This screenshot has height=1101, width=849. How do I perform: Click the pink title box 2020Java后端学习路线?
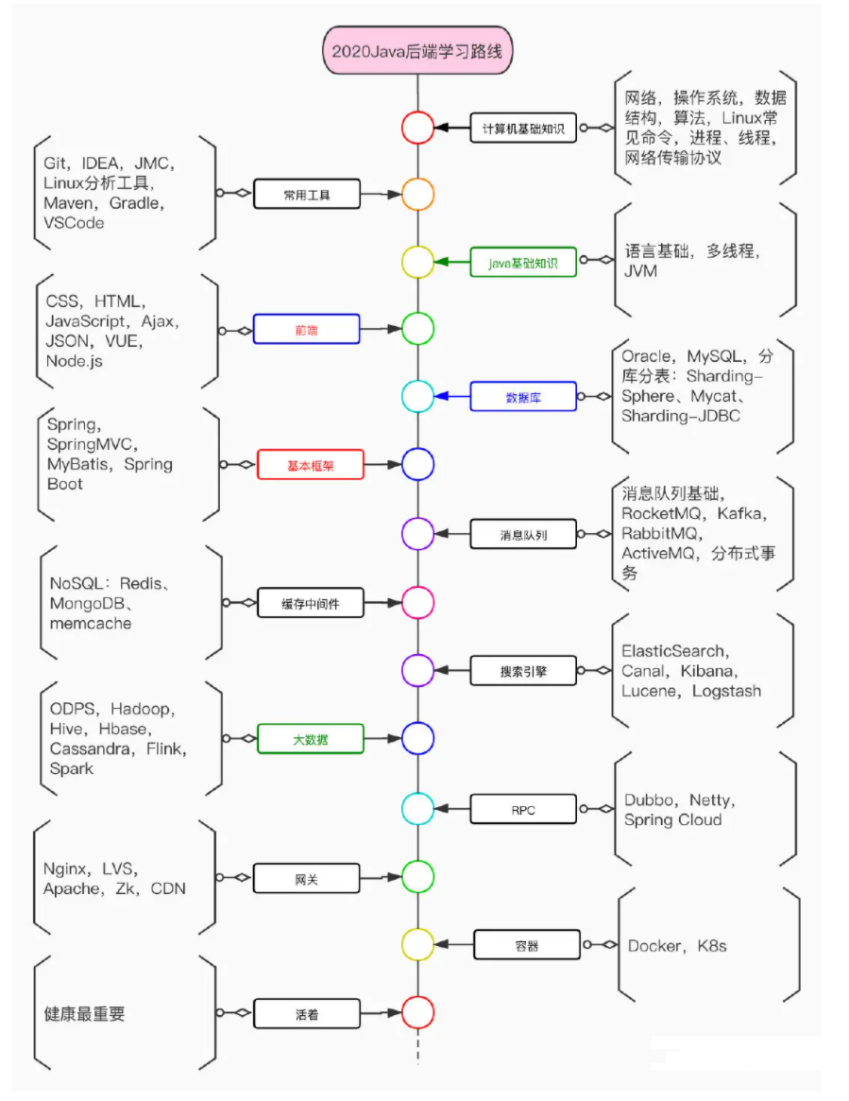416,50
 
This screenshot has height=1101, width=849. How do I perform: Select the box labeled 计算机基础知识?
523,128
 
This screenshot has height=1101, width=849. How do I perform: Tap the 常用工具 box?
308,195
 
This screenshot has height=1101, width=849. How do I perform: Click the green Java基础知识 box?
523,262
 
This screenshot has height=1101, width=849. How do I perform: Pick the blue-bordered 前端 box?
308,330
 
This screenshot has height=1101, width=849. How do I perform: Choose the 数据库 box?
523,397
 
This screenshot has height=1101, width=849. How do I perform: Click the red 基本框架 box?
310,465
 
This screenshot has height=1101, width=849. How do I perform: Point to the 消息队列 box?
523,534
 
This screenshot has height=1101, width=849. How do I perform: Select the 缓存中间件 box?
310,602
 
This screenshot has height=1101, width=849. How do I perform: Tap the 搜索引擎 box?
523,671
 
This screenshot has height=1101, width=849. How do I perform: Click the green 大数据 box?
310,738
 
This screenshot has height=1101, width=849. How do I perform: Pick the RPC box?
523,809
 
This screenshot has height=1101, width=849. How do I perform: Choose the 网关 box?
307,878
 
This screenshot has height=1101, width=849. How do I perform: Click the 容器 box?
526,944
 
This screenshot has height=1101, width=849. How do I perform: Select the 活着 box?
307,1014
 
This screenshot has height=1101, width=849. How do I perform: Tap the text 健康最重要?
85,1014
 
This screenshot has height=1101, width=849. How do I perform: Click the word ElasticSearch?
673,651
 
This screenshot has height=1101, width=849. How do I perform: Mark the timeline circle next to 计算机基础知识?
416,128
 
